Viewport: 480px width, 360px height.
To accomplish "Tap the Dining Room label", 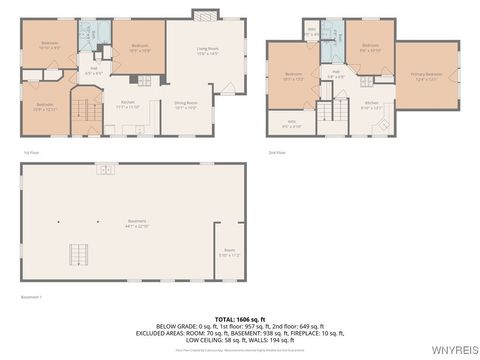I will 185,103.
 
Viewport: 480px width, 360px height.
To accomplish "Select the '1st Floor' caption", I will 32,151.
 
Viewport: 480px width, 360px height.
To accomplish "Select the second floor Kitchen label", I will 371,104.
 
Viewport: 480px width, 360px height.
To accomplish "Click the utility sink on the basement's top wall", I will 105,169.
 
